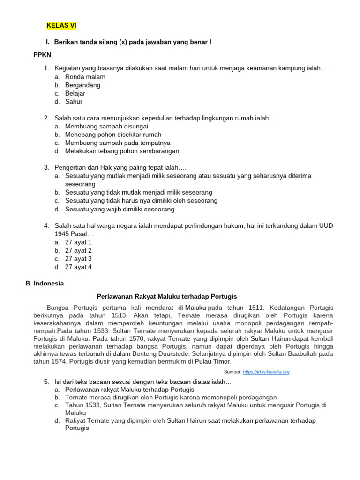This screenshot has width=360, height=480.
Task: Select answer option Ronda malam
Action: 85,77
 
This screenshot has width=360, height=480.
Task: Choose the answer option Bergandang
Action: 82,85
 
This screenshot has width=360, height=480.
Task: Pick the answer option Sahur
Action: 74,102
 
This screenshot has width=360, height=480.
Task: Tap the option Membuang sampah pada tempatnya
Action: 118,143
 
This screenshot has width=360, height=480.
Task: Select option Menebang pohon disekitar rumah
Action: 113,135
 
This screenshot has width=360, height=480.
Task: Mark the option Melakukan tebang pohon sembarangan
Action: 122,151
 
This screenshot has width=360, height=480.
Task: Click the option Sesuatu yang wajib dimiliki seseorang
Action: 120,209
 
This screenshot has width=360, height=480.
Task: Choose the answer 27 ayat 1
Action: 78,242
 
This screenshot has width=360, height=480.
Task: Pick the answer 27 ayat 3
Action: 78,259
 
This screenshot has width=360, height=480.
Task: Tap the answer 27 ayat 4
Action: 78,267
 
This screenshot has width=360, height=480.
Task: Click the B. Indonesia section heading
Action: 45,284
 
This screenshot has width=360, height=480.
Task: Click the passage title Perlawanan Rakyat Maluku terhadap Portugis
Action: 167,297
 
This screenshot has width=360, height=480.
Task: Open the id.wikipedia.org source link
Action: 267,372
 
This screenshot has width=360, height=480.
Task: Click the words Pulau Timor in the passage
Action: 212,361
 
